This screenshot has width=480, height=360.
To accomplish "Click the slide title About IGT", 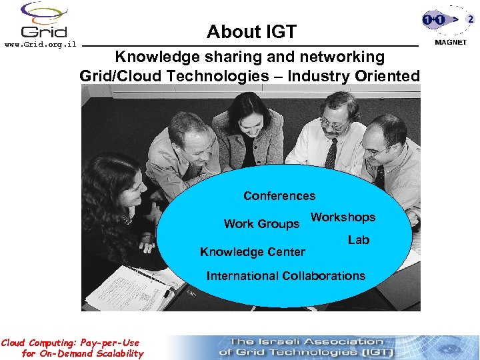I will click(251, 31).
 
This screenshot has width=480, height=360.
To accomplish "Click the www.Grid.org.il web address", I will click(41, 45).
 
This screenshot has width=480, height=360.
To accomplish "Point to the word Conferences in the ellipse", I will click(279, 196).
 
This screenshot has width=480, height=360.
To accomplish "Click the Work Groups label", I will click(261, 224).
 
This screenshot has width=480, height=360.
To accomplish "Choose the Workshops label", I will click(343, 217).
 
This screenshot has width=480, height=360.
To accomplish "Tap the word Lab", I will click(358, 240).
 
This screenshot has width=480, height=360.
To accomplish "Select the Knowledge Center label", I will click(253, 252).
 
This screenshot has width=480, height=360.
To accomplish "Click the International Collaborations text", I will click(286, 276).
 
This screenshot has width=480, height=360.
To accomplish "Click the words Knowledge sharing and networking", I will click(249, 57).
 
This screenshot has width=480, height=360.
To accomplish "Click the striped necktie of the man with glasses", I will click(331, 153).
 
